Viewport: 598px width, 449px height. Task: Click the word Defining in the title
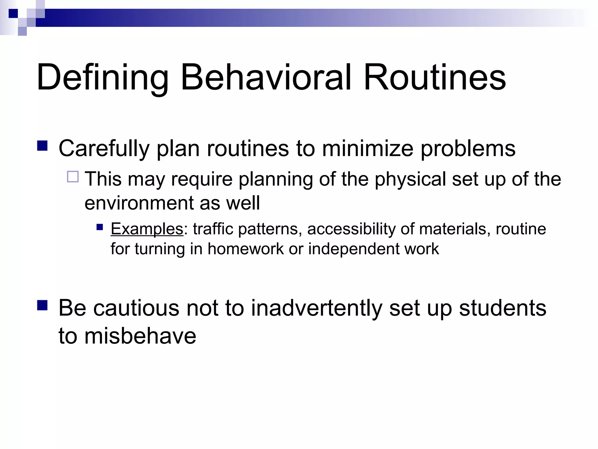point(102,78)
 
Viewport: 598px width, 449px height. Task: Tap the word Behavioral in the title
point(266,77)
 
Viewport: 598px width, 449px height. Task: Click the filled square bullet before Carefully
point(43,146)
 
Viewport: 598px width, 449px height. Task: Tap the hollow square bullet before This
point(73,177)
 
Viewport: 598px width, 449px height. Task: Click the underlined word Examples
point(147,229)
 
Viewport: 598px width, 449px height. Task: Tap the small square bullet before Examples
point(100,227)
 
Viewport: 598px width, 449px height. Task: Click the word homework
point(246,249)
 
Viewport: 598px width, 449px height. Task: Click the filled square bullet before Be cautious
point(43,305)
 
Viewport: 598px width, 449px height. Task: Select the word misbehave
point(140,336)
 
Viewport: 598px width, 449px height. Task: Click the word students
point(502,308)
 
